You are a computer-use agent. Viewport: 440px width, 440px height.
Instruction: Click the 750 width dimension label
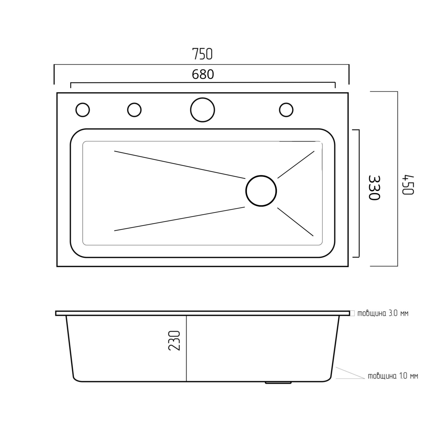(202, 54)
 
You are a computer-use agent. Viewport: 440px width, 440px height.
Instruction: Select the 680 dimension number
(203, 74)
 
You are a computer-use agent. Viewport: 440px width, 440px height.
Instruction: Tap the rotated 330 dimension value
(374, 188)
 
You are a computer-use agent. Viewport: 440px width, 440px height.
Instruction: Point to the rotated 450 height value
(408, 185)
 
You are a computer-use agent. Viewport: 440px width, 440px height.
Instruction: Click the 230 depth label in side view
(174, 340)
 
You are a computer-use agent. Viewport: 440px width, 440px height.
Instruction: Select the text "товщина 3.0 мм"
(383, 313)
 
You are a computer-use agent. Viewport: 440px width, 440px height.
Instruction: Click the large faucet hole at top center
(202, 110)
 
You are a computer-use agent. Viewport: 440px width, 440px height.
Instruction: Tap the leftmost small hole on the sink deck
(82, 110)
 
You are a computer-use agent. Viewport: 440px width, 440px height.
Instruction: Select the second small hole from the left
(134, 110)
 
